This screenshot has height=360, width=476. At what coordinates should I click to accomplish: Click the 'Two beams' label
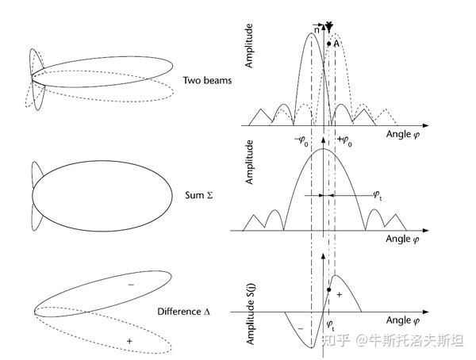click(204, 80)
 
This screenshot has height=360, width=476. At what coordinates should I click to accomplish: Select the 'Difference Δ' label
click(200, 312)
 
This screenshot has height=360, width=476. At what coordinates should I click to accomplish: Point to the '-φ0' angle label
click(302, 140)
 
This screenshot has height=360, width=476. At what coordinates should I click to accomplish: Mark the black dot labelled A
click(328, 44)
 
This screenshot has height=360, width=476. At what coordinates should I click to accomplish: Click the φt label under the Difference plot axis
click(330, 325)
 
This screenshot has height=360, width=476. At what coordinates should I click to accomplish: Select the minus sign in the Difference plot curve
click(300, 326)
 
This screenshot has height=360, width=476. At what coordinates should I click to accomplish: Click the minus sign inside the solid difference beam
click(131, 283)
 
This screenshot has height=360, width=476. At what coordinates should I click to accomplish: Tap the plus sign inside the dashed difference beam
click(129, 341)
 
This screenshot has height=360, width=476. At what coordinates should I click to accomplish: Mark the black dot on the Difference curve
click(328, 290)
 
